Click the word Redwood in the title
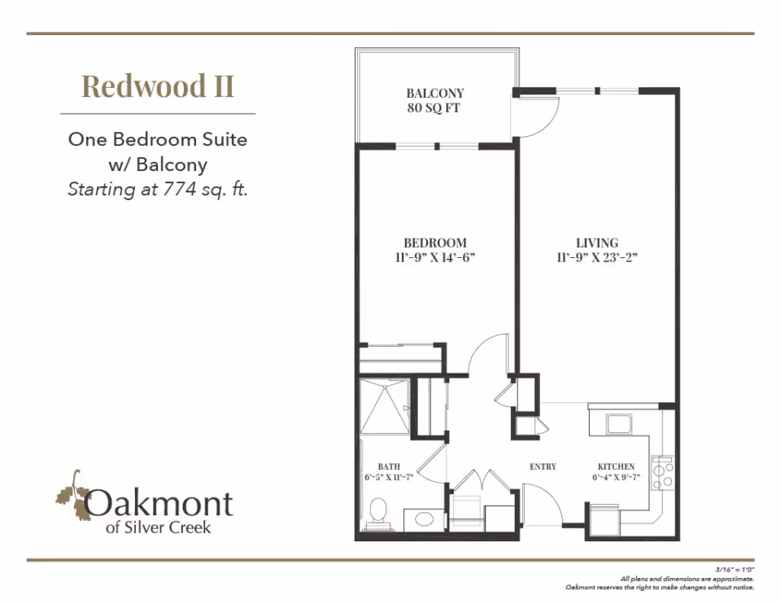(143, 86)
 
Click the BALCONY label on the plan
(434, 93)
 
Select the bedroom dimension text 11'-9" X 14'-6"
(434, 258)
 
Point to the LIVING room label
(597, 243)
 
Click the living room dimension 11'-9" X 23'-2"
(597, 258)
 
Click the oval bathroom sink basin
(424, 519)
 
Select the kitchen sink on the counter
(618, 424)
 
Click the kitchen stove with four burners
(662, 474)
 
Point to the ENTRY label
(543, 467)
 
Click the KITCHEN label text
(616, 467)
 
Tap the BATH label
(389, 467)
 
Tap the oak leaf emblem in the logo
(72, 496)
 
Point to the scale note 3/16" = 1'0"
(735, 569)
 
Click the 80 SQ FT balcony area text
(434, 108)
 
